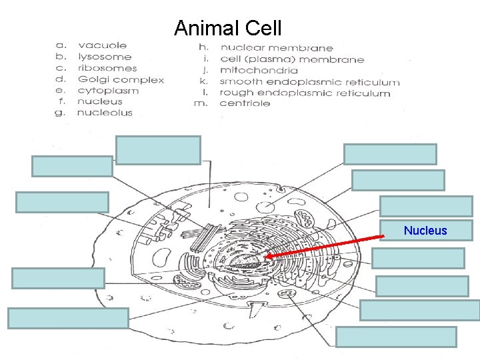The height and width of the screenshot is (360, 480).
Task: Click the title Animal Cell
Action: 227,28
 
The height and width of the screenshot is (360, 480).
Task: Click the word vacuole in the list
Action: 102,45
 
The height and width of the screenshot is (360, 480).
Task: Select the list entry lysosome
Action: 105,57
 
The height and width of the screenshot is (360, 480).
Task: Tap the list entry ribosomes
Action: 107,68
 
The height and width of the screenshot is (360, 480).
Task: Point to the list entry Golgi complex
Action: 121,79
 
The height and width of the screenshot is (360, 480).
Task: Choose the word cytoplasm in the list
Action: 108,91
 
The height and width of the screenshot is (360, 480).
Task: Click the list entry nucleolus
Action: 105,113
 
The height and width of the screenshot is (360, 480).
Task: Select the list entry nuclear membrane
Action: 277,47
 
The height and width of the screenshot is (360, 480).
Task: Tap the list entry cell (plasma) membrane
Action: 292,59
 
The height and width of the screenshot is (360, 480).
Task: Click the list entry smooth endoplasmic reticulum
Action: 310,82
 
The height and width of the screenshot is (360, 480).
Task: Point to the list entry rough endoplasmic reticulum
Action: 305,93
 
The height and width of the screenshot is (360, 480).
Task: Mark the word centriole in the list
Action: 245,103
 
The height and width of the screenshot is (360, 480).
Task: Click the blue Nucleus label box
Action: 425,231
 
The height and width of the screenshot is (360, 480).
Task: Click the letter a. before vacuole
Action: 60,45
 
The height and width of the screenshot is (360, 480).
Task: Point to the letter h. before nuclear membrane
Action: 203,47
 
